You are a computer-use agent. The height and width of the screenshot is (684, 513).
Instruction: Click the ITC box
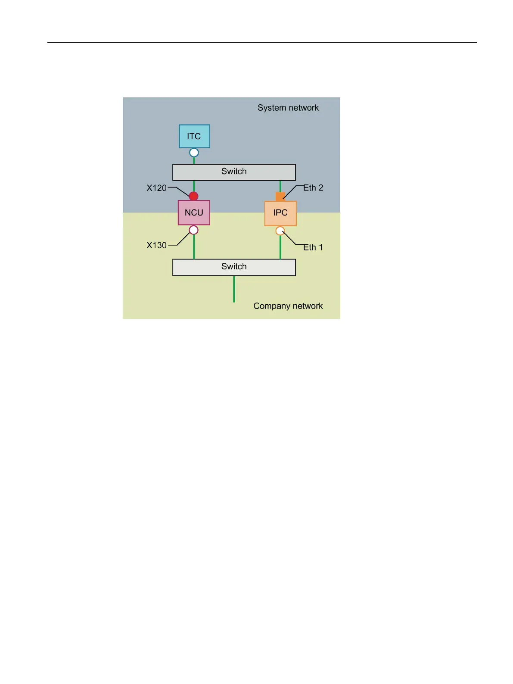click(x=194, y=136)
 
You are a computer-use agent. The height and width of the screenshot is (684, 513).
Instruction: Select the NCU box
click(x=194, y=212)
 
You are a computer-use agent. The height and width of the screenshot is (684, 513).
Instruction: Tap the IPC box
click(x=280, y=213)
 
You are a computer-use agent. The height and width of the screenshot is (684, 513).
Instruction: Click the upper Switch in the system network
click(x=234, y=172)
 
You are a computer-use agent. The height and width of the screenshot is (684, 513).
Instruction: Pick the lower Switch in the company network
click(x=234, y=267)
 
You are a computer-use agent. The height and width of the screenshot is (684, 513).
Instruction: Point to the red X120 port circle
click(x=194, y=197)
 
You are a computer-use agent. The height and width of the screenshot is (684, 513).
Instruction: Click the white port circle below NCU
click(x=194, y=230)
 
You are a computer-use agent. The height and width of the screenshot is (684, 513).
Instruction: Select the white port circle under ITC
click(x=194, y=153)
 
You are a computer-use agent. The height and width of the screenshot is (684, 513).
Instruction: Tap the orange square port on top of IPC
click(x=280, y=197)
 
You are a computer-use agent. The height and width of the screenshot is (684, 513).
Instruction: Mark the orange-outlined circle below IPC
click(x=280, y=231)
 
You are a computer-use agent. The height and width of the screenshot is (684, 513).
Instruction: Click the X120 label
click(x=156, y=188)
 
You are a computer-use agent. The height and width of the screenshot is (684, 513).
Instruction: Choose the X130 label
click(x=156, y=245)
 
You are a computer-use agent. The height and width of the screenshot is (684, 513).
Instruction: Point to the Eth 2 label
click(x=313, y=188)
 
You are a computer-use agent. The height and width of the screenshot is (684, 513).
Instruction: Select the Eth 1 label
click(x=313, y=247)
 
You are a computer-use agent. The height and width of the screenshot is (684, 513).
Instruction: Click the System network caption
click(x=288, y=108)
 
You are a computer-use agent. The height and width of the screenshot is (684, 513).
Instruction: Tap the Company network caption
click(x=288, y=306)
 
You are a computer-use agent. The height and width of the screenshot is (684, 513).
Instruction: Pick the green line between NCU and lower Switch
click(x=194, y=247)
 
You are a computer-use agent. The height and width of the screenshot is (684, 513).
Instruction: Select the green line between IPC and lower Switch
click(x=280, y=247)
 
